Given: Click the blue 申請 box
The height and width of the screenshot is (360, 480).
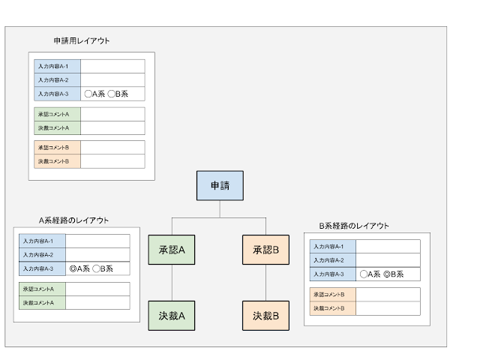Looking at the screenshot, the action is coord(220,185).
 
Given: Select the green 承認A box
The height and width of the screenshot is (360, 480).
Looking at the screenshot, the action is coord(172,250).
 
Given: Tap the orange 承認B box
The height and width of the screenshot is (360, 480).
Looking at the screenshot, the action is coord(265,250).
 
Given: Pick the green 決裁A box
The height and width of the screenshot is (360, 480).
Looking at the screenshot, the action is coord(172,316).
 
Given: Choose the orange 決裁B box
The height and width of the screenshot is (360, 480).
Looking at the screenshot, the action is coord(265,316).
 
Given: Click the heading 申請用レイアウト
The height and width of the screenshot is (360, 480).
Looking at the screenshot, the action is coord(82,40).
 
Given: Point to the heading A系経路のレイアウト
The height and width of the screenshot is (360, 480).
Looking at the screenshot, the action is coord(73,220).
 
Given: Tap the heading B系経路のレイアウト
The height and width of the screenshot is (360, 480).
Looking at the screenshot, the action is coord(354,226).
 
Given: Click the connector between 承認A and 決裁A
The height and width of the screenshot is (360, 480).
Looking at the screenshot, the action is coord(172,283).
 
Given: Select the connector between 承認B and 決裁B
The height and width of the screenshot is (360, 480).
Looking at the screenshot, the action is coord(265,283).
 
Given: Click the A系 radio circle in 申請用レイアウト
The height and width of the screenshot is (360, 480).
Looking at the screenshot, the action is coord(88,94).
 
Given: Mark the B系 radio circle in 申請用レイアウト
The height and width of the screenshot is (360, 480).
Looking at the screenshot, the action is coord(112,94).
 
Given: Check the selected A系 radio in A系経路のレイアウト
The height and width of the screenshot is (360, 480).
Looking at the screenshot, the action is coord(73,268).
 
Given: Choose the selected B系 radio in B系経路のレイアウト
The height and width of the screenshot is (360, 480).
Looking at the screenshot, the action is coord(387,274).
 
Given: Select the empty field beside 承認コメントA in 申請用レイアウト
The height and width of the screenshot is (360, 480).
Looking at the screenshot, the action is coord(112,114).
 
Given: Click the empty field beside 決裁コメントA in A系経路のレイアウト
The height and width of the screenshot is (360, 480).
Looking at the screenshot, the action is coord(97,303).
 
